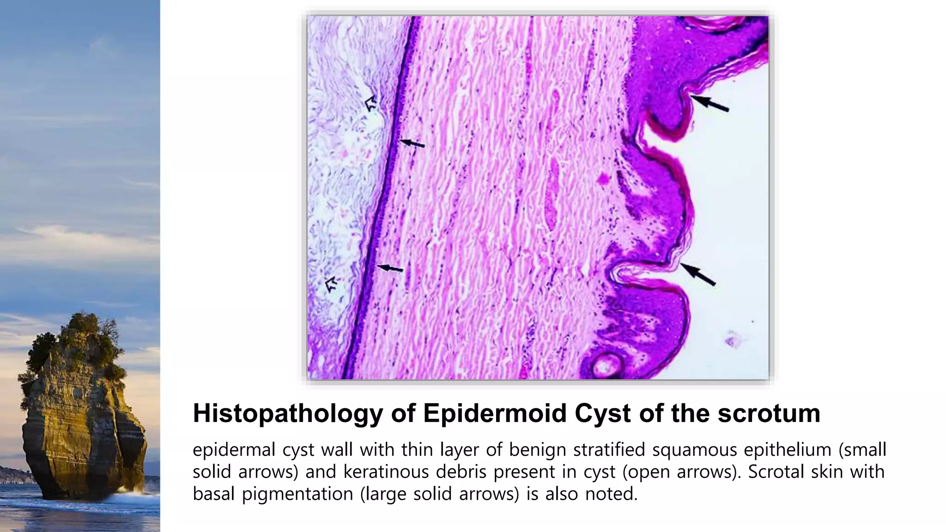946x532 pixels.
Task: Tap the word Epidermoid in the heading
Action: click(x=495, y=413)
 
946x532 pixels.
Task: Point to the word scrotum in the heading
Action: click(x=769, y=413)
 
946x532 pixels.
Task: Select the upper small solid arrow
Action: click(x=412, y=144)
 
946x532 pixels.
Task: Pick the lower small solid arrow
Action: click(x=390, y=268)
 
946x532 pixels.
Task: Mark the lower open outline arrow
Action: click(x=331, y=284)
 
